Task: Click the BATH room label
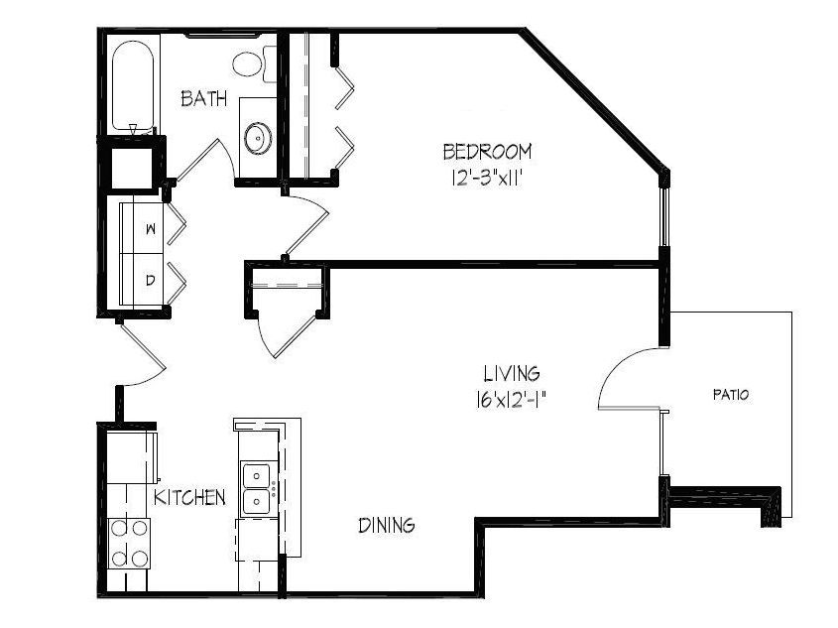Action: coord(203,98)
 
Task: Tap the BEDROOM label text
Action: coord(487,152)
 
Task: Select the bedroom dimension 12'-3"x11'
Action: coord(486,178)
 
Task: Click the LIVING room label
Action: coord(512,373)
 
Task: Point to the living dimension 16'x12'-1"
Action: coord(511,399)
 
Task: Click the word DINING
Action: coord(387,525)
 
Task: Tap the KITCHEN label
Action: coord(189,497)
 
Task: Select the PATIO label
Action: coord(731,395)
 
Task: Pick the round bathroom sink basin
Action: coord(258,138)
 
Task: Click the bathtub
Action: coord(133,85)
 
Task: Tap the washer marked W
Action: coord(142,228)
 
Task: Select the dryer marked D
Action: coord(142,280)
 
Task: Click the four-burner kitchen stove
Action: coord(128,544)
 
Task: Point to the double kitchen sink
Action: coord(257,488)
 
